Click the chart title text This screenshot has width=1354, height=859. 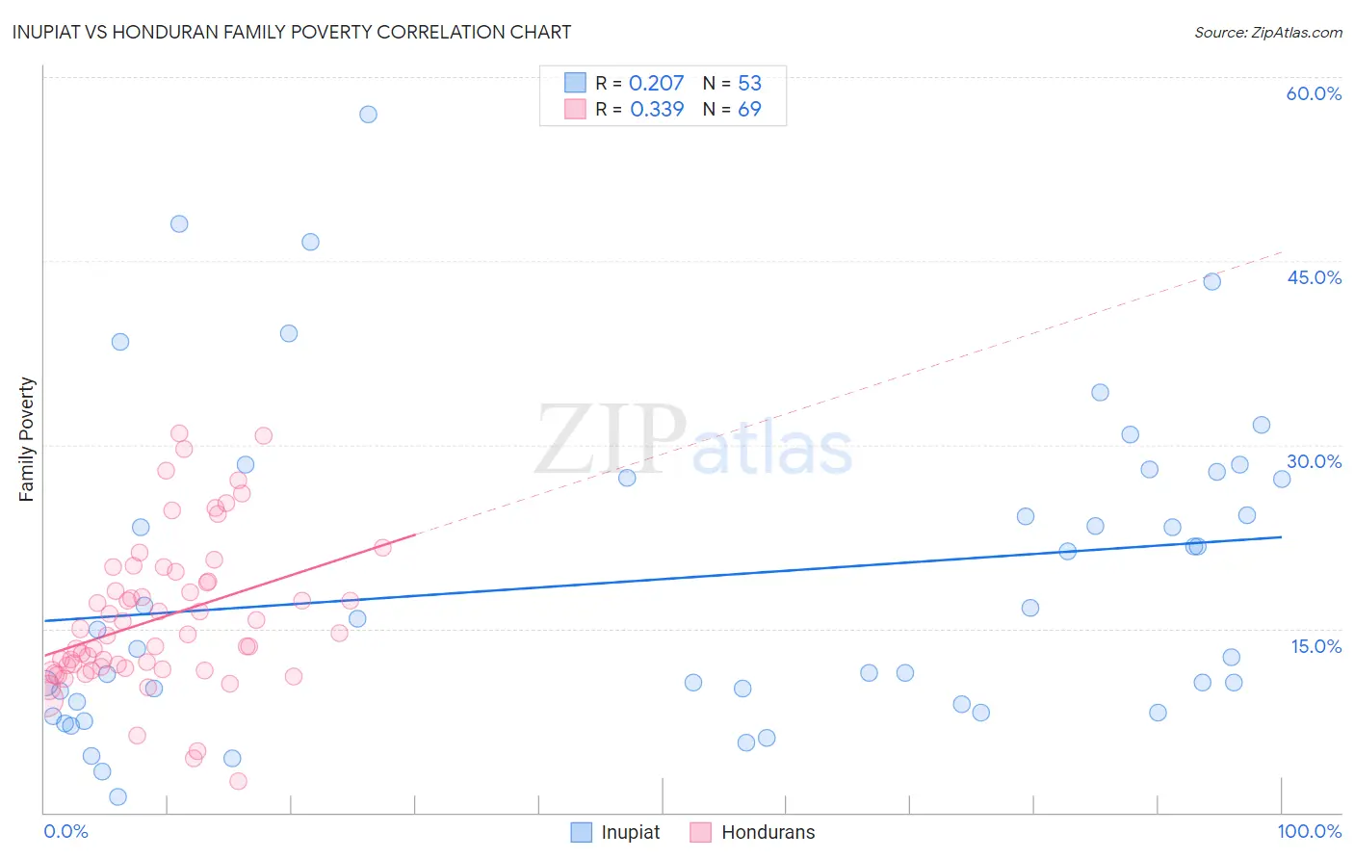[292, 32]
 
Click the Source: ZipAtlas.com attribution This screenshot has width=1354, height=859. [1267, 32]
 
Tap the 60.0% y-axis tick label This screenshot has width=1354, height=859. [1314, 93]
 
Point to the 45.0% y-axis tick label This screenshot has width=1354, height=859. [1314, 277]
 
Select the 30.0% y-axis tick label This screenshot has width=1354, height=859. [1314, 461]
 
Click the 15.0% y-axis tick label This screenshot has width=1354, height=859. [1315, 646]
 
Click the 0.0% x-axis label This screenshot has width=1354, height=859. [65, 831]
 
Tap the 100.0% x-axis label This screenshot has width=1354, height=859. [1309, 831]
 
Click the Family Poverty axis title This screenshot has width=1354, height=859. [27, 439]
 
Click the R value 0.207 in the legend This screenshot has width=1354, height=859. [656, 83]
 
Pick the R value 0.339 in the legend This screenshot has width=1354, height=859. [657, 109]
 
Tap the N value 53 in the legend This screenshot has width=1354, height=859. [749, 83]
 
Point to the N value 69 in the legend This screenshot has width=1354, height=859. [749, 109]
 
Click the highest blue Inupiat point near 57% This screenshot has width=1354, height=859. [368, 114]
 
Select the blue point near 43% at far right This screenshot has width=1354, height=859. [1212, 281]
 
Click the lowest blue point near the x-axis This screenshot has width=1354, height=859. [118, 796]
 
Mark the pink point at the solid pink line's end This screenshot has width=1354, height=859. [382, 547]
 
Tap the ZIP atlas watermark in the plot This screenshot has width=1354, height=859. [693, 441]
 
